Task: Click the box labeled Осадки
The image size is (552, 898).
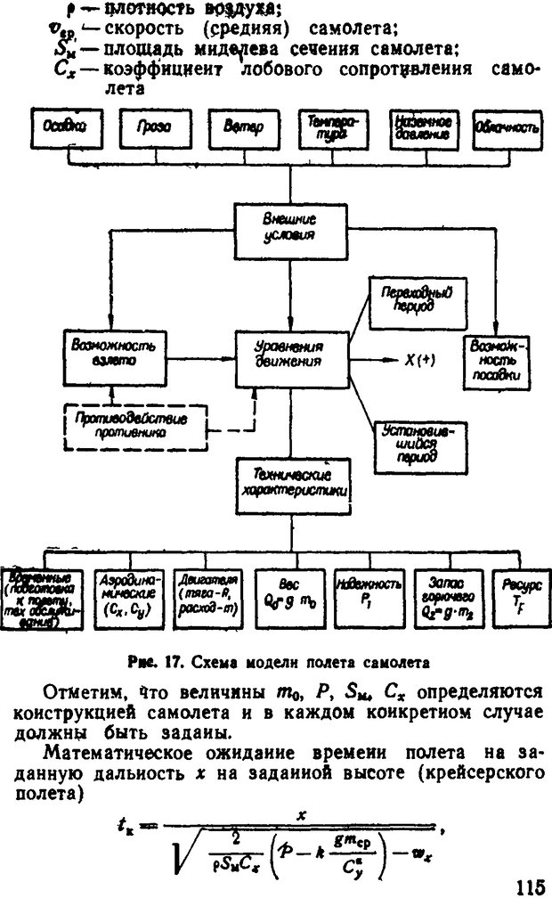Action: (61, 128)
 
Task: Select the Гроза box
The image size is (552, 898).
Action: (148, 128)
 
